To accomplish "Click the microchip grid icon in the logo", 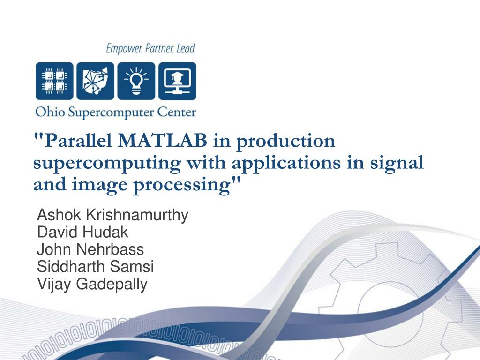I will point(54,81).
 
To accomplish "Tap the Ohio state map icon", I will point(95,81).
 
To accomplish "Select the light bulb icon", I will point(136,81).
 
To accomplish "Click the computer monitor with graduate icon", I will point(177,81).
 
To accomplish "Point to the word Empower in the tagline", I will point(123,48).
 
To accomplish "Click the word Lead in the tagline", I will point(185,48).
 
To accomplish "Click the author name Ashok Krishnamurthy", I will point(112,215).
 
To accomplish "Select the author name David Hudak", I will point(82,232).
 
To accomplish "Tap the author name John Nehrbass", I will point(90,249).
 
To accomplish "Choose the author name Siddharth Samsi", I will point(95,267).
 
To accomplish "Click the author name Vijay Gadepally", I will point(92,284).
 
